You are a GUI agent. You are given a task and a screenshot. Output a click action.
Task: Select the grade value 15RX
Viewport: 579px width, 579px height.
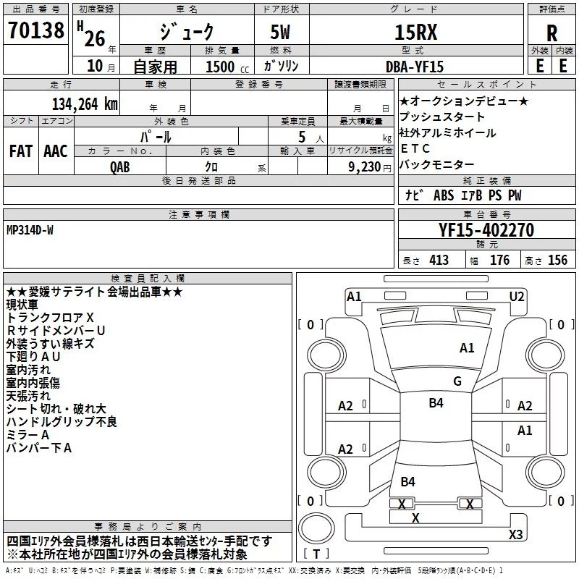point(415,33)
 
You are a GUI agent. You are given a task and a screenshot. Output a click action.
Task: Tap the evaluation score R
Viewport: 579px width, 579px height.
point(551,33)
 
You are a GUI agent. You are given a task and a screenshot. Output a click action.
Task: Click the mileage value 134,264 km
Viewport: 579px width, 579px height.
point(84,103)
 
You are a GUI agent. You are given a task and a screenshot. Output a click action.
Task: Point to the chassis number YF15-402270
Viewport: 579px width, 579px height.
point(486,231)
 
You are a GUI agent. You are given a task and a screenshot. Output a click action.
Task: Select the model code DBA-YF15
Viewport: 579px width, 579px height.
point(415,66)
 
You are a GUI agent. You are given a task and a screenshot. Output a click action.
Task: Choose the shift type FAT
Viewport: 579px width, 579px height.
point(20,151)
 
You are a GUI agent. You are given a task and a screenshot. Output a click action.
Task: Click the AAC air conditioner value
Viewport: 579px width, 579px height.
point(56,151)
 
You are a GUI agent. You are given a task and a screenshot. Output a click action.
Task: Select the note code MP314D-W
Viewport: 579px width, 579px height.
point(30,229)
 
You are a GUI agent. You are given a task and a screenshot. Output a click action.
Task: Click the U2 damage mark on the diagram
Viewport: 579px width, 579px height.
point(517,296)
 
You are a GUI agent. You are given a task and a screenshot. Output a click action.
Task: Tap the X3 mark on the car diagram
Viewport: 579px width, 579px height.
point(515,535)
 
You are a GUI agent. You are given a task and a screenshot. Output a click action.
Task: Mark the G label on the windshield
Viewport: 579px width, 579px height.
point(457,381)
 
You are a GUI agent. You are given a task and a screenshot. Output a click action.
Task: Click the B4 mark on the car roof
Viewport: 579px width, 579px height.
point(436,403)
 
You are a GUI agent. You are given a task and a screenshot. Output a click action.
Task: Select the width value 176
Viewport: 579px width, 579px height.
point(499,261)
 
